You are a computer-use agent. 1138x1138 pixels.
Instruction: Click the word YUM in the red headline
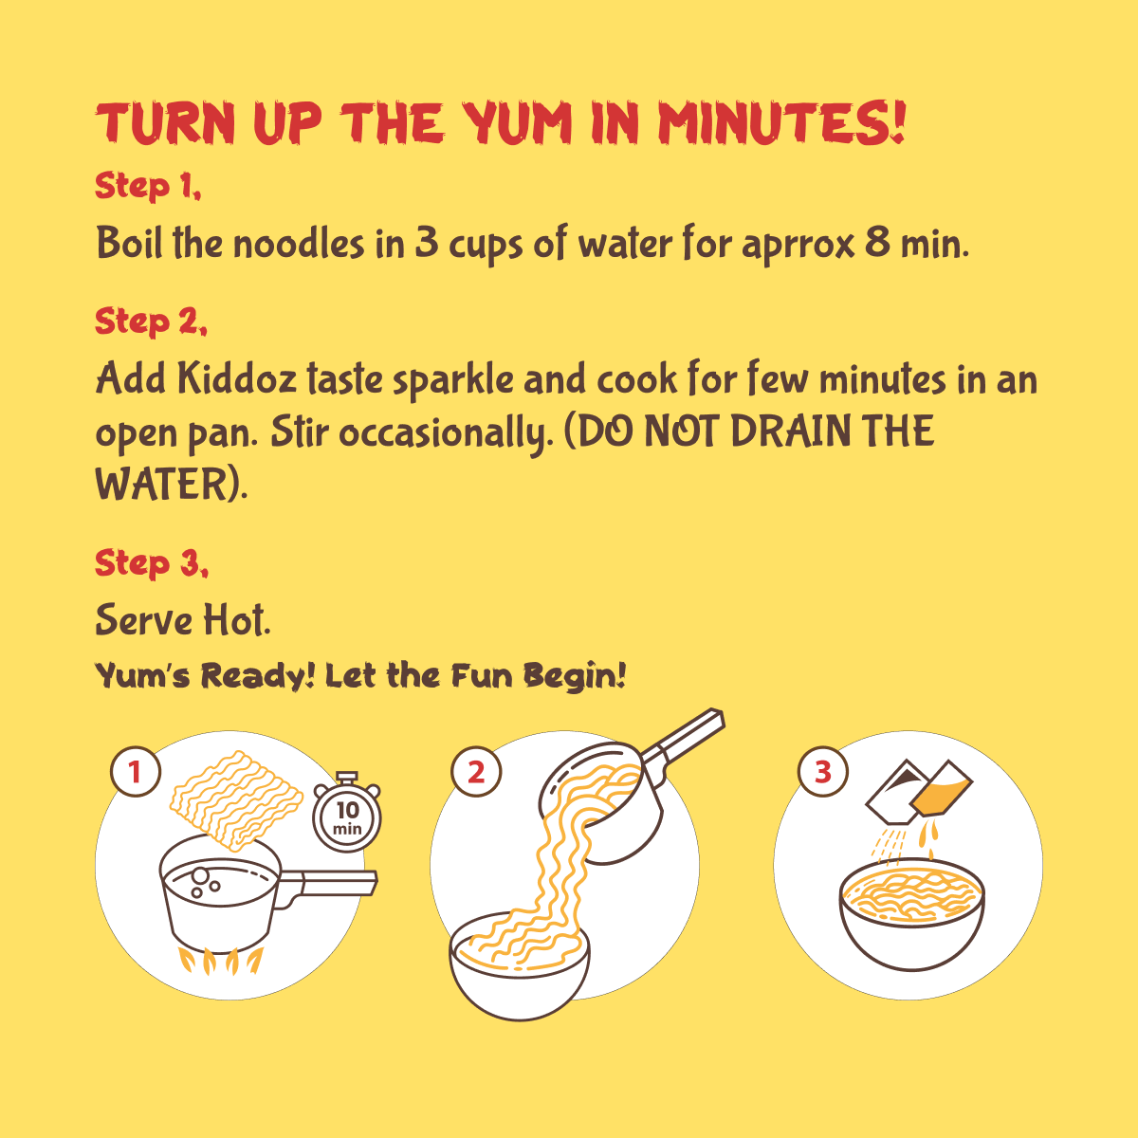(517, 124)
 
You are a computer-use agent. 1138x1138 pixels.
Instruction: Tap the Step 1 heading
(148, 187)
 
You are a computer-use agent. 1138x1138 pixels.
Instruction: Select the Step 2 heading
(151, 321)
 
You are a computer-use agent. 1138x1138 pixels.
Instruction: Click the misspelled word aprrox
(798, 246)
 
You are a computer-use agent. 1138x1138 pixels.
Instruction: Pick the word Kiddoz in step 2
(237, 378)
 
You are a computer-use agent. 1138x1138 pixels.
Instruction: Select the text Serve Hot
(183, 620)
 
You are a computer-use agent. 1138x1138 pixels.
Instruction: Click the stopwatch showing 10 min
(347, 811)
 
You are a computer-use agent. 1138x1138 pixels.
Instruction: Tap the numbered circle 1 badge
(136, 772)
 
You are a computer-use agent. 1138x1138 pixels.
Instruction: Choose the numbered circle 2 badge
(476, 772)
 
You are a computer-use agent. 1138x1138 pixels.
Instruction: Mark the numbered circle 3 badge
(822, 772)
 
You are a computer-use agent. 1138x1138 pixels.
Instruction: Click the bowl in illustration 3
(911, 920)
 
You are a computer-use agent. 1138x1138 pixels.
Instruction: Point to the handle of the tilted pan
(685, 738)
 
